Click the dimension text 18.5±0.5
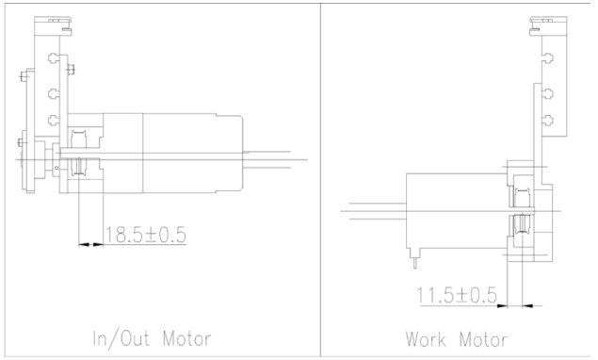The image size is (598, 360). (x=144, y=235)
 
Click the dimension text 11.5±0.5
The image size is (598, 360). (x=457, y=295)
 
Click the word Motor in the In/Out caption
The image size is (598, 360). (x=186, y=338)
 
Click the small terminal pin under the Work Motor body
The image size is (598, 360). (x=413, y=251)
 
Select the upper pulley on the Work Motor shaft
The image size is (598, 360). (x=518, y=199)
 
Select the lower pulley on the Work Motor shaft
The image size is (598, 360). (x=518, y=227)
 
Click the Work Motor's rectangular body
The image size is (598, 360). (x=452, y=212)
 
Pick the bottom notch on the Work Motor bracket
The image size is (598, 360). (x=547, y=120)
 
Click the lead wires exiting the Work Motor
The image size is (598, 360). (x=372, y=210)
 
